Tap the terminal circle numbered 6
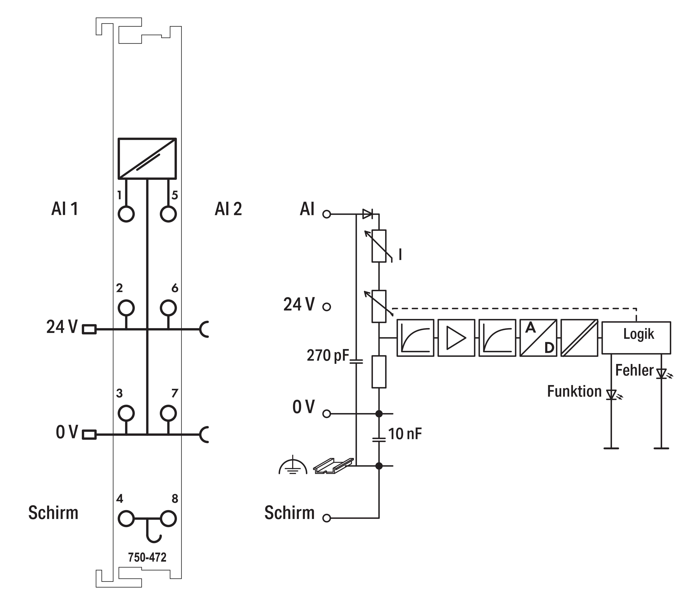(x=168, y=307)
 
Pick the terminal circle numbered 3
(x=126, y=413)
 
